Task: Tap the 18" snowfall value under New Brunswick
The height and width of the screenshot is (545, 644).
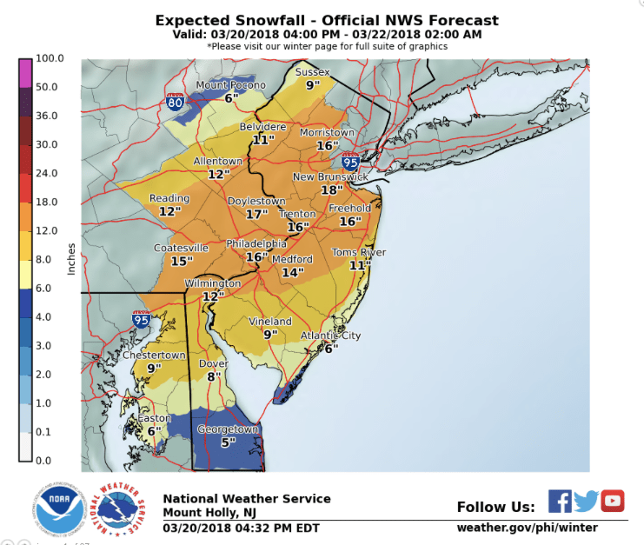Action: tap(331, 190)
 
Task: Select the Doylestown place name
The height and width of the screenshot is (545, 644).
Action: tap(256, 201)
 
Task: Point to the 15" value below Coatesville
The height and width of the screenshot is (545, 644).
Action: tap(182, 261)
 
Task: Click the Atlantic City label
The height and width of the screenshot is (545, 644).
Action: tap(330, 336)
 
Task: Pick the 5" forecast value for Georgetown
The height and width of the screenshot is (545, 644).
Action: tap(229, 442)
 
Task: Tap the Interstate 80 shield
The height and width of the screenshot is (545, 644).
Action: tap(175, 101)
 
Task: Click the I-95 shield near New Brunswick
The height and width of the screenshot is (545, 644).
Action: tap(350, 161)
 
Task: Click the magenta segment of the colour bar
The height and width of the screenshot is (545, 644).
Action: tap(26, 73)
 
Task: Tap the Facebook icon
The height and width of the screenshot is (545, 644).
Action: tap(560, 501)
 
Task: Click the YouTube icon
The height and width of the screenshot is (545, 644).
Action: tap(613, 501)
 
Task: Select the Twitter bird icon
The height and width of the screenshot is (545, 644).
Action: tap(586, 501)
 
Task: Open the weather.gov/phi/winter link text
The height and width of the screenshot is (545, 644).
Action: tap(527, 528)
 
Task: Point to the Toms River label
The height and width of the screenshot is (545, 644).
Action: tap(359, 252)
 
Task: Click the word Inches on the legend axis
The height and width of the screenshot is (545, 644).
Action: tap(71, 259)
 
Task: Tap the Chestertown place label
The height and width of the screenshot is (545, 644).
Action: tap(154, 355)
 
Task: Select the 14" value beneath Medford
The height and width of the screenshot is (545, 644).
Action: tap(293, 273)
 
